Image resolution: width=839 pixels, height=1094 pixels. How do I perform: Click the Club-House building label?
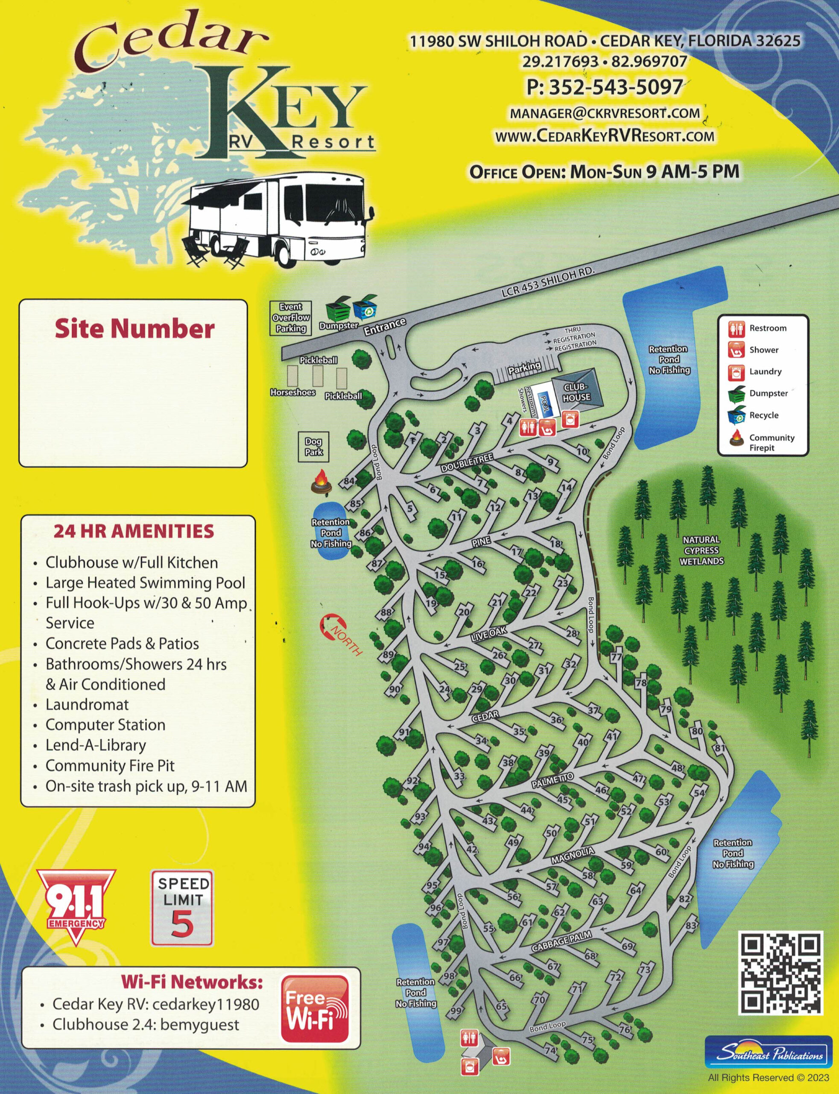pyautogui.click(x=576, y=392)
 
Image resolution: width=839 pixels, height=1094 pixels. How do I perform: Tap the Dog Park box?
pyautogui.click(x=314, y=446)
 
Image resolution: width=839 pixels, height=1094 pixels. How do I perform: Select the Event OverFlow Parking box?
pyautogui.click(x=291, y=318)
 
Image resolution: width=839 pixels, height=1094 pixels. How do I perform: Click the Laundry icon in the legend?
pyautogui.click(x=737, y=372)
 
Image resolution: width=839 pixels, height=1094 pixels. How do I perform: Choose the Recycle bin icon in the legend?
pyautogui.click(x=737, y=415)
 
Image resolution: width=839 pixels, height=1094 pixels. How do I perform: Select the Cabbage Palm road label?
pyautogui.click(x=561, y=941)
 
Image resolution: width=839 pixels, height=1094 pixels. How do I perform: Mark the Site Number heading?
pyautogui.click(x=134, y=329)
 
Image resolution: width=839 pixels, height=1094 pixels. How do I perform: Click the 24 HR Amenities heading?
pyautogui.click(x=133, y=531)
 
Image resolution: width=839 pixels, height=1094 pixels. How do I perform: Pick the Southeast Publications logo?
pyautogui.click(x=769, y=1052)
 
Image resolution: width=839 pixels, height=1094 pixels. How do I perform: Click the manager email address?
pyautogui.click(x=604, y=113)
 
